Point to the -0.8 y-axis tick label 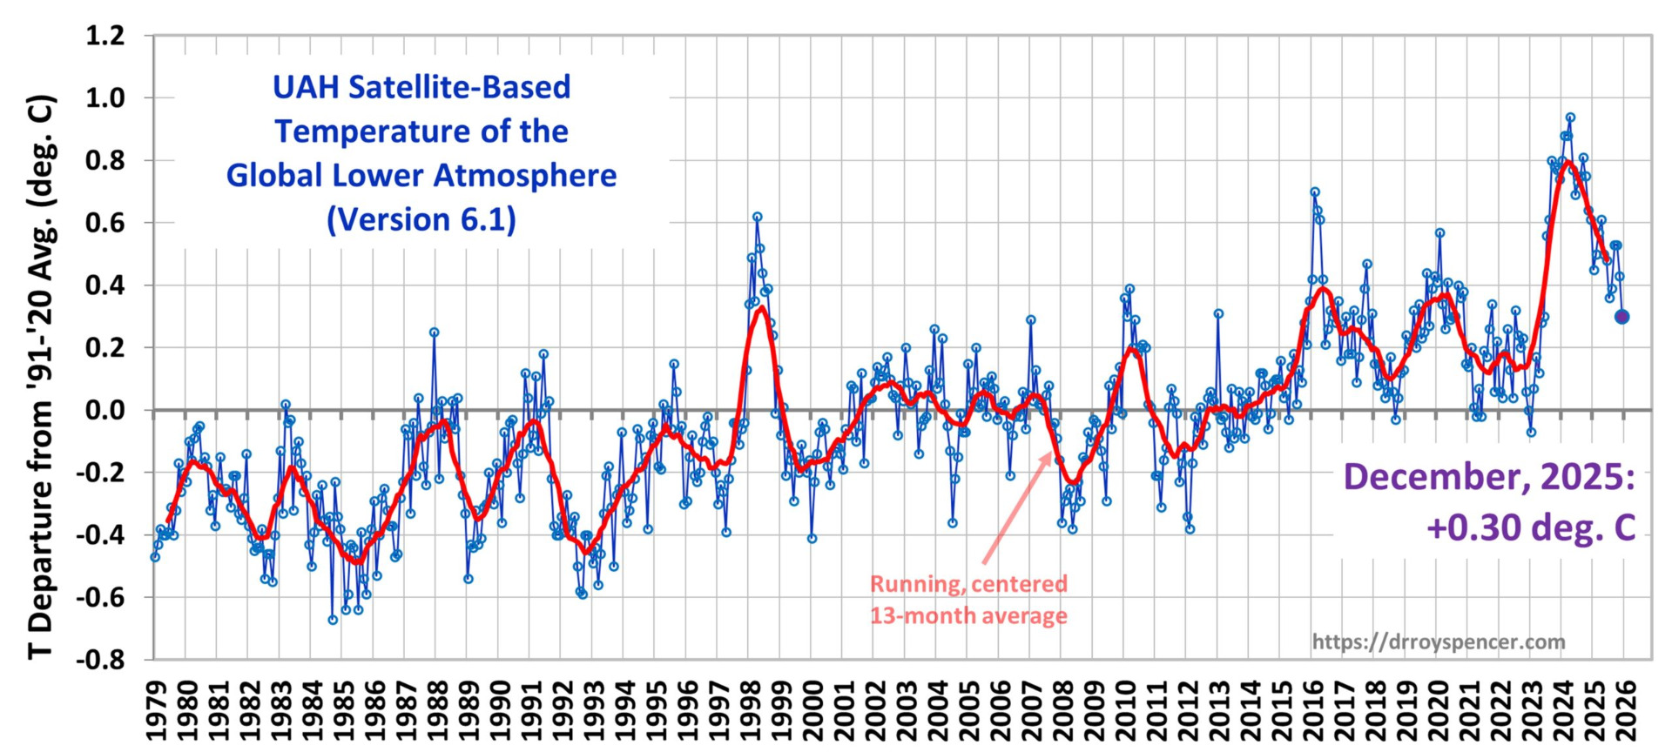[100, 659]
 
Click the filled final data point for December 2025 [1621, 317]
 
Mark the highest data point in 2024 [1570, 117]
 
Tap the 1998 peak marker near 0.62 [758, 217]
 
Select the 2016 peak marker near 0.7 [1315, 191]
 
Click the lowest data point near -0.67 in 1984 [333, 620]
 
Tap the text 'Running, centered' [968, 584]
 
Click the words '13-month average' [968, 616]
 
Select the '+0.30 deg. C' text [1530, 527]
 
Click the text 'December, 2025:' [1489, 477]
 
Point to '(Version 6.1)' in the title [421, 219]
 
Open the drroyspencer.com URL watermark [1439, 642]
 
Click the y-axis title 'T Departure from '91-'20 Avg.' [42, 376]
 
